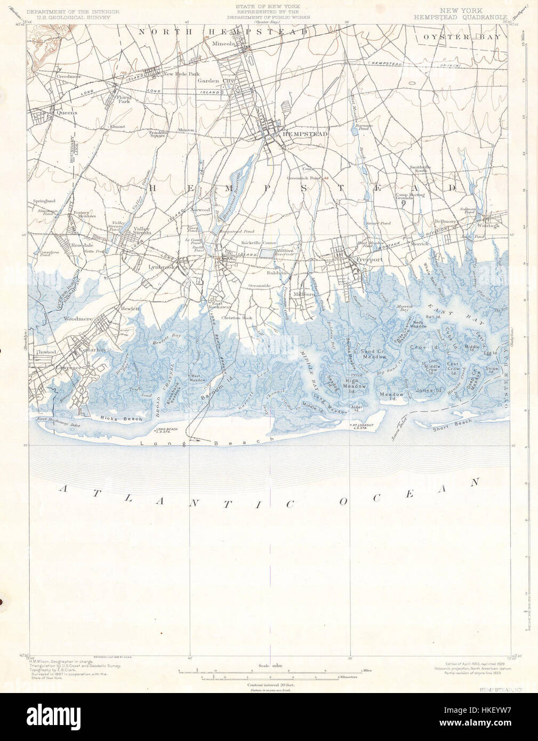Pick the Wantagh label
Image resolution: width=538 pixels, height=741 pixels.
click(x=489, y=225)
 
